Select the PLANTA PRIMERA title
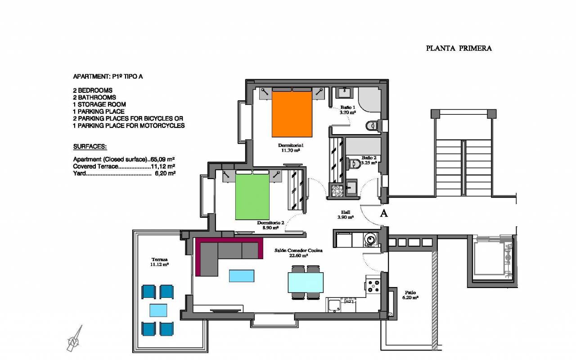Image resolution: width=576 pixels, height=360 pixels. [459, 48]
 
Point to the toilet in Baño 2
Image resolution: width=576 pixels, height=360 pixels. [355, 163]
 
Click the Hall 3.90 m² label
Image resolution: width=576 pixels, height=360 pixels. [345, 215]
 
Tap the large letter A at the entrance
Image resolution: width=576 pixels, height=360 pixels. [384, 213]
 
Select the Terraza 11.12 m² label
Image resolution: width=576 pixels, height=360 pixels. [159, 262]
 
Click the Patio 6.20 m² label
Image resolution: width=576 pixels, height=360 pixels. [410, 295]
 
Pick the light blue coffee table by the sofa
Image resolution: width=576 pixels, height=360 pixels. [242, 276]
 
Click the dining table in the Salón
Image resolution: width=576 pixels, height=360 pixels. [306, 283]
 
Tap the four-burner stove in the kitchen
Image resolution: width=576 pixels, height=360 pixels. [373, 286]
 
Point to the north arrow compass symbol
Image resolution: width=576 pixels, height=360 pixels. [75, 339]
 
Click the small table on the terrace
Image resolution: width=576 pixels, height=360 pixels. [158, 310]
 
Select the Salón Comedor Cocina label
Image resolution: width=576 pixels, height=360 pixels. [298, 251]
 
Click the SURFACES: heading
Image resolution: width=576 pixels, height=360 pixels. [90, 147]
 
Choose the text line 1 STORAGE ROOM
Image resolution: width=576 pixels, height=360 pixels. [99, 104]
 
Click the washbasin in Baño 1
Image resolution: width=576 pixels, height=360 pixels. [344, 93]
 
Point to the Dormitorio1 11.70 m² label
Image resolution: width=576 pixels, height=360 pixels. [291, 148]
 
